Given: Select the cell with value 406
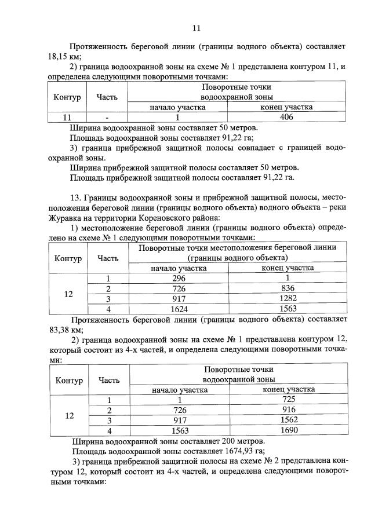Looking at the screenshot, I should (286, 117).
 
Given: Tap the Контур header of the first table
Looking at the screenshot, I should (67, 97).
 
